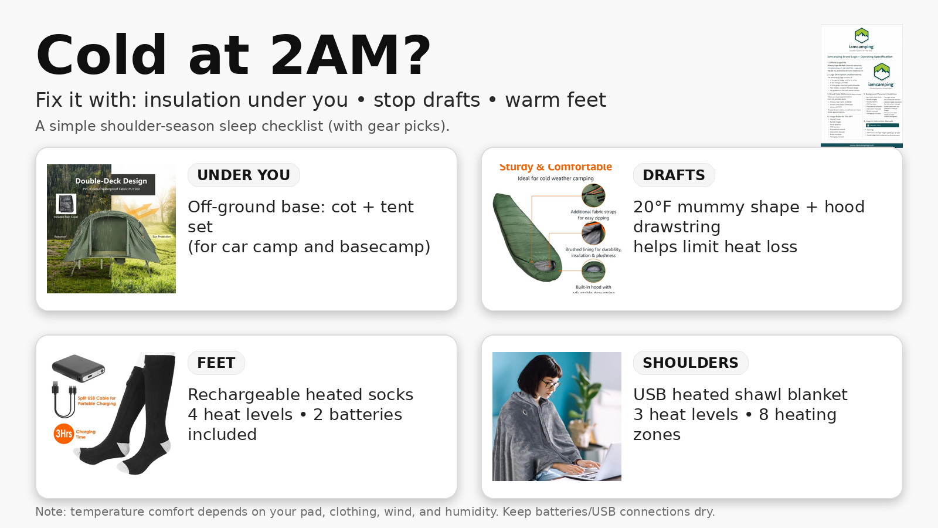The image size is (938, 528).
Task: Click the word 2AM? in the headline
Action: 350,56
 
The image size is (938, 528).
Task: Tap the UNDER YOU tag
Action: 243,175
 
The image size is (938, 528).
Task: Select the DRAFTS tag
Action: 674,175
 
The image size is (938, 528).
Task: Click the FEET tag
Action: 216,363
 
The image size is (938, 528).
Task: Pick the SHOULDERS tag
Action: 690,363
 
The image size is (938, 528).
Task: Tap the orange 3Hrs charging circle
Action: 63,434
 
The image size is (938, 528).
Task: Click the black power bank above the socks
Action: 78,368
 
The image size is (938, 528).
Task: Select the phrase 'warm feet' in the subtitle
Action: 555,100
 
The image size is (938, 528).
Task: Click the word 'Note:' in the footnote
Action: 50,512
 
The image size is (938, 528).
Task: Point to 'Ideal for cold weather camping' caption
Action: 555,178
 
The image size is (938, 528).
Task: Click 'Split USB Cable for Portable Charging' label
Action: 97,401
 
